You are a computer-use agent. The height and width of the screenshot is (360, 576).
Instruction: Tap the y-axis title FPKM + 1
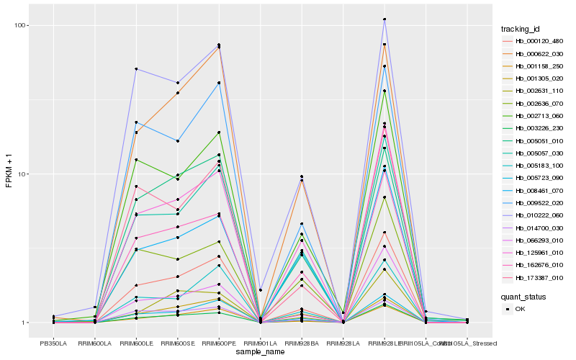coord(9,175)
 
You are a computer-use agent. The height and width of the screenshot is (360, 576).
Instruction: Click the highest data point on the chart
coord(384,19)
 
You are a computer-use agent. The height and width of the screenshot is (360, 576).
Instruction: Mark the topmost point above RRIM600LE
coord(136,69)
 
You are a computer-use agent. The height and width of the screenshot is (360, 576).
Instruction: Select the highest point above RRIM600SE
coord(178,83)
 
